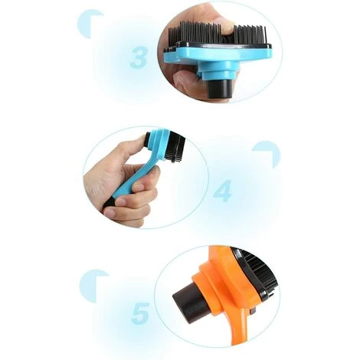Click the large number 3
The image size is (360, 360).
139,57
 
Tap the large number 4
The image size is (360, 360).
223,191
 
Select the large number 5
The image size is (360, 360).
140,313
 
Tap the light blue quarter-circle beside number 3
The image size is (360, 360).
88,24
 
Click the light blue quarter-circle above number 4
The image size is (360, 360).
268,153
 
